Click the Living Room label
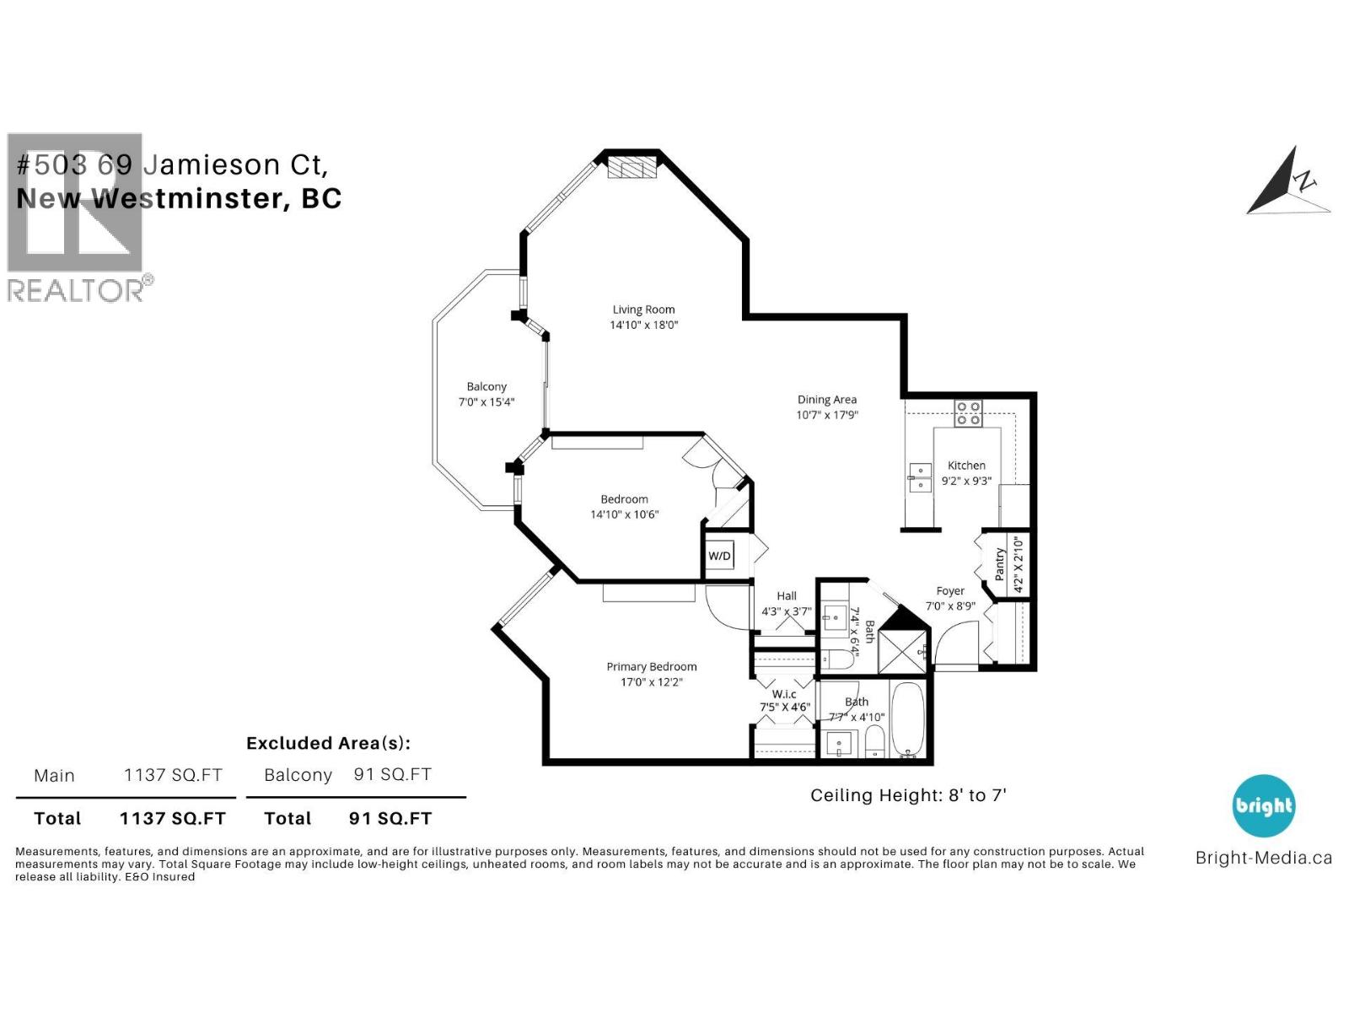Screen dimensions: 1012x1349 click(x=643, y=310)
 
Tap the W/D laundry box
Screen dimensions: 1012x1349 click(x=719, y=556)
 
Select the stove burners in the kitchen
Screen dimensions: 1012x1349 click(x=968, y=412)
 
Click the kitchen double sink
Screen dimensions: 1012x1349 click(x=919, y=477)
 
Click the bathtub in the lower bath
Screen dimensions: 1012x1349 click(x=909, y=721)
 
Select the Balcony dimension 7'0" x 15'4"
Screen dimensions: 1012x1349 click(x=486, y=402)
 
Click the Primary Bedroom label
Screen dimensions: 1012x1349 click(x=651, y=666)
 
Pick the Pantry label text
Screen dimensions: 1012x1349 click(x=1000, y=564)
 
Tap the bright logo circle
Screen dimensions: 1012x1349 click(x=1263, y=805)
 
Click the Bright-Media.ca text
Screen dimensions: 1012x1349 click(x=1263, y=858)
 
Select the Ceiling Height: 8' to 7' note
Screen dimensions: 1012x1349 click(x=908, y=795)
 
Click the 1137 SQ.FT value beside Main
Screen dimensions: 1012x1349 click(x=173, y=775)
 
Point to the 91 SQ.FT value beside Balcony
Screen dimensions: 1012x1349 click(x=392, y=774)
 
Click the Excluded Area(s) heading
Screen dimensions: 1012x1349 click(x=328, y=743)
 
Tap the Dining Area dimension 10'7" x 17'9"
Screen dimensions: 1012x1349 click(x=827, y=415)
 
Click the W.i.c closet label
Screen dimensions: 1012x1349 click(x=784, y=694)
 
